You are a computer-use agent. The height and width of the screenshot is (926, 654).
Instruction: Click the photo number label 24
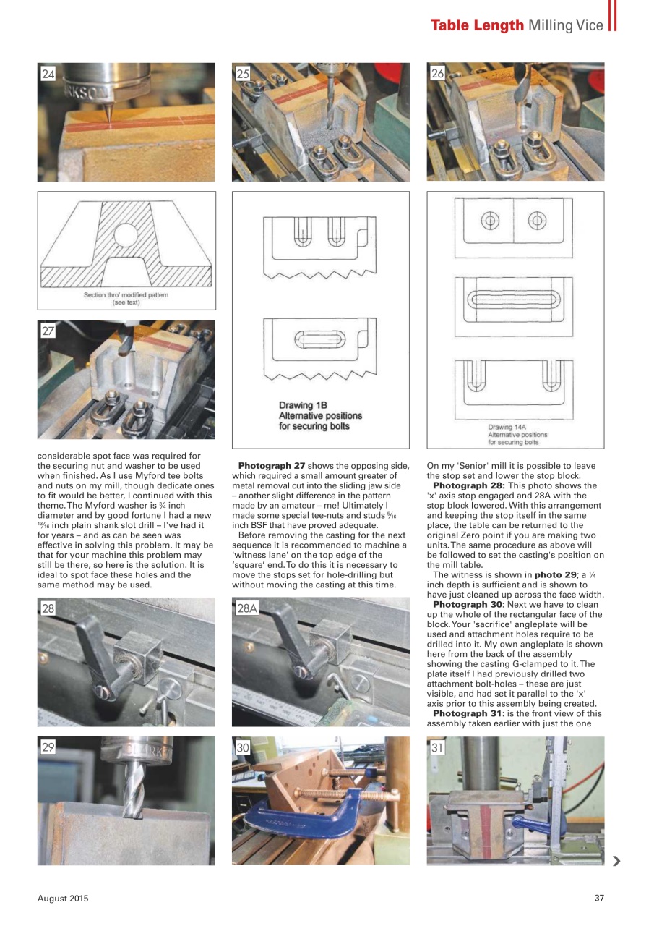(48, 73)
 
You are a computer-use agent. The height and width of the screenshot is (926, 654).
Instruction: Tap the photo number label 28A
(247, 608)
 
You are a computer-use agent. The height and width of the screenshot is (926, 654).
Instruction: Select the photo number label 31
(438, 748)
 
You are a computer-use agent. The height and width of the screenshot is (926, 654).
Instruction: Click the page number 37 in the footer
(598, 899)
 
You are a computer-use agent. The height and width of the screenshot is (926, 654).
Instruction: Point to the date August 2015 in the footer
(63, 899)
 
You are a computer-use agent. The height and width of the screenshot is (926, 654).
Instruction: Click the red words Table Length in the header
(477, 25)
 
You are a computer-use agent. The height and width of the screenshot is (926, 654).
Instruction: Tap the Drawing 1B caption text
(320, 416)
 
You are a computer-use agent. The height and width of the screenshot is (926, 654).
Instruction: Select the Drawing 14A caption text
(517, 434)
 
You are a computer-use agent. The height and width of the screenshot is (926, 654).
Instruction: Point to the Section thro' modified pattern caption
(126, 299)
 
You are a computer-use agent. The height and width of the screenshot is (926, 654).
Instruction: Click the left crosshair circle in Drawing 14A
(490, 220)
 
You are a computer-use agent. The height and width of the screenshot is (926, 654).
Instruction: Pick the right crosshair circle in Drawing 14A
(536, 220)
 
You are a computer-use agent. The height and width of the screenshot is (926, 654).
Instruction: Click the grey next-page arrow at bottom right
(616, 861)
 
